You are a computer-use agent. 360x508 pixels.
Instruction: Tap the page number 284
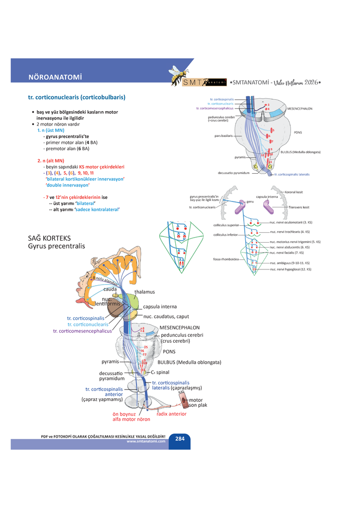click(x=179, y=439)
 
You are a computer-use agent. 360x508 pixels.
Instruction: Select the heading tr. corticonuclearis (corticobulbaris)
click(x=76, y=97)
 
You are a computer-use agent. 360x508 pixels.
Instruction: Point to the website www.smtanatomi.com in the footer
click(x=145, y=441)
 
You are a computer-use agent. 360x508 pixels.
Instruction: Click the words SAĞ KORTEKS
click(x=49, y=238)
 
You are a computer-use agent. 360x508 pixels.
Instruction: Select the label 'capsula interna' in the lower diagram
click(x=159, y=307)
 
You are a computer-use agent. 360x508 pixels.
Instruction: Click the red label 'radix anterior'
click(x=172, y=413)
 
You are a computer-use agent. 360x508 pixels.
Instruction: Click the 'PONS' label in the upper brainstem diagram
click(x=298, y=133)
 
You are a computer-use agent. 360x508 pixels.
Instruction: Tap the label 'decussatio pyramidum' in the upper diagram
click(x=233, y=173)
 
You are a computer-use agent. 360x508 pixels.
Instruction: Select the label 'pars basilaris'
click(x=223, y=135)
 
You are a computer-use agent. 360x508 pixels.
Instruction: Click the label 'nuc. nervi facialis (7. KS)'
click(x=289, y=253)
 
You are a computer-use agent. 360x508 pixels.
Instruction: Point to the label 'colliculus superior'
click(x=226, y=225)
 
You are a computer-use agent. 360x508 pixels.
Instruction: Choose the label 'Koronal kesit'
click(x=294, y=192)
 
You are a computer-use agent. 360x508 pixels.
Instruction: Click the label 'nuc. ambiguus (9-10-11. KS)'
click(x=289, y=263)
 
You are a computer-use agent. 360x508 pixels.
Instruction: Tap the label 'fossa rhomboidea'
click(x=225, y=259)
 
